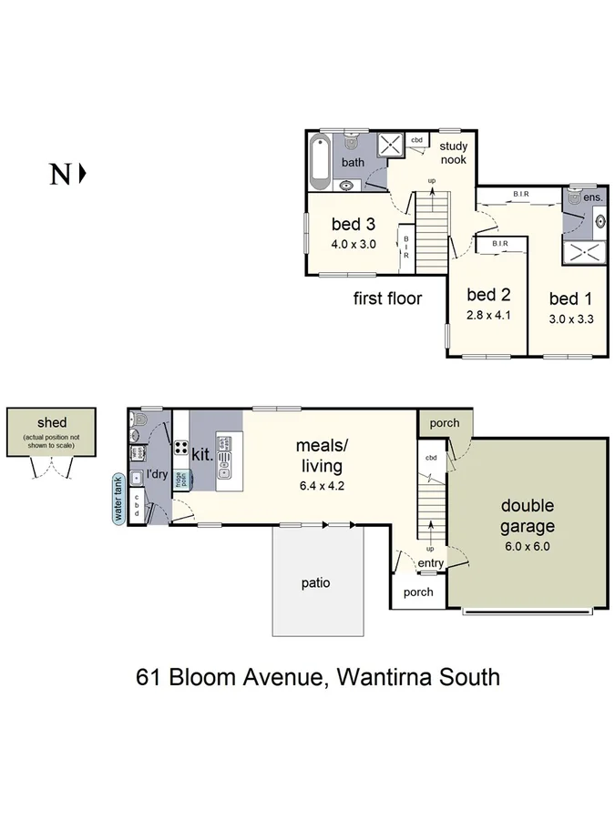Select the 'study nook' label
coord(453,152)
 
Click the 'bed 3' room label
coord(352,225)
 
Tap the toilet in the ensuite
coord(574,197)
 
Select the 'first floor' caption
coord(387,298)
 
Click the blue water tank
coord(118,500)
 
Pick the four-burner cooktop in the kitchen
coord(181,449)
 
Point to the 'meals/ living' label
coord(319,455)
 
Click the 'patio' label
coord(316,583)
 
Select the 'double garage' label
coord(528,515)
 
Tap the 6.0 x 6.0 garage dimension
coord(528,547)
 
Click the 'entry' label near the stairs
coord(431,564)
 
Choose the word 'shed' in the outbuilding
coord(52,423)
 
